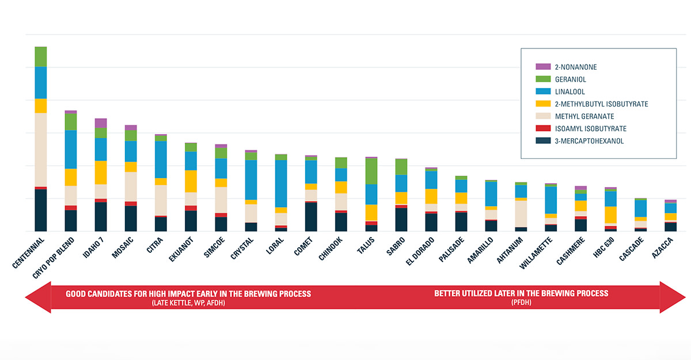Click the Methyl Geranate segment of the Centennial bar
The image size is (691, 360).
[x=40, y=150]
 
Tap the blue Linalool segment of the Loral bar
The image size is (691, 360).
[x=281, y=183]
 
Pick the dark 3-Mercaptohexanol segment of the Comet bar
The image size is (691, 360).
[x=311, y=217]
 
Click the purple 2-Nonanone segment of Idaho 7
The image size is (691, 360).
[x=101, y=123]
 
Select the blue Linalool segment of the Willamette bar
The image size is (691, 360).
[x=550, y=200]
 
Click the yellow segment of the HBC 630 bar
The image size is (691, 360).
[x=610, y=214]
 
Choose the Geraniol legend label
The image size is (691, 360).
[x=570, y=79]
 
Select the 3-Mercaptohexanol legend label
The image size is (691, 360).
[x=589, y=141]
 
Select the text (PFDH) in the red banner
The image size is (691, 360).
[x=521, y=302]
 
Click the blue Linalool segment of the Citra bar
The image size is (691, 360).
[x=161, y=160]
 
